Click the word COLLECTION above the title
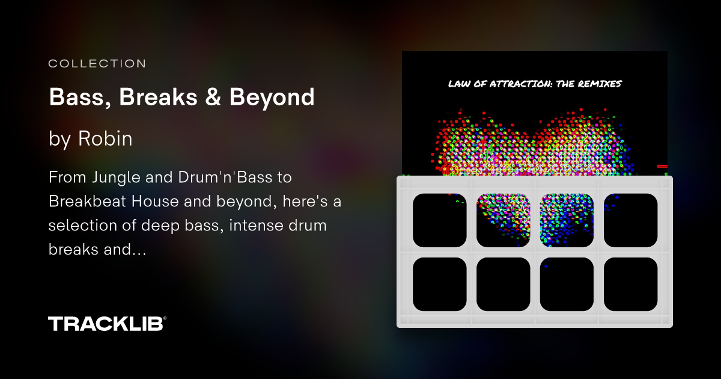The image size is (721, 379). pos(97,63)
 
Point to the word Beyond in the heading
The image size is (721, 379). pos(272,97)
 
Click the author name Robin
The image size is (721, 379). pos(105,139)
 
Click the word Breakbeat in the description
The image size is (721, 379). pos(83,202)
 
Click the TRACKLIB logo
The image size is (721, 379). pos(107,324)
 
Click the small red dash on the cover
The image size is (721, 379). pos(662,165)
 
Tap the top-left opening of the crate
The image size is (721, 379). pos(440,220)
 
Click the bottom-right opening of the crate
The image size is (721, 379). pos(630,284)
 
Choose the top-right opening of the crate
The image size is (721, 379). pos(630,220)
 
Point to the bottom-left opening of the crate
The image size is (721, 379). pos(440,284)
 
